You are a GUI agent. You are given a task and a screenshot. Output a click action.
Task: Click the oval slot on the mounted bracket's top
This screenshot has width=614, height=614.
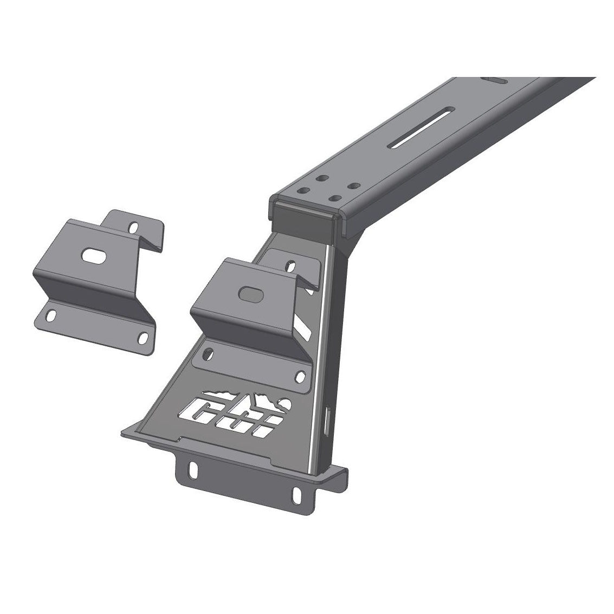coord(249,293)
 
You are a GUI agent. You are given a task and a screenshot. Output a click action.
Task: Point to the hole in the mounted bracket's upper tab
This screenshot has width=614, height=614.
coord(291,266)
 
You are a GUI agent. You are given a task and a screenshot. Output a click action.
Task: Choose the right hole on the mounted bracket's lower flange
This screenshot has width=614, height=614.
coord(300,376)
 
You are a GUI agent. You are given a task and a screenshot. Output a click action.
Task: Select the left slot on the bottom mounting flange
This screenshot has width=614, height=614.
coord(192,467)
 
